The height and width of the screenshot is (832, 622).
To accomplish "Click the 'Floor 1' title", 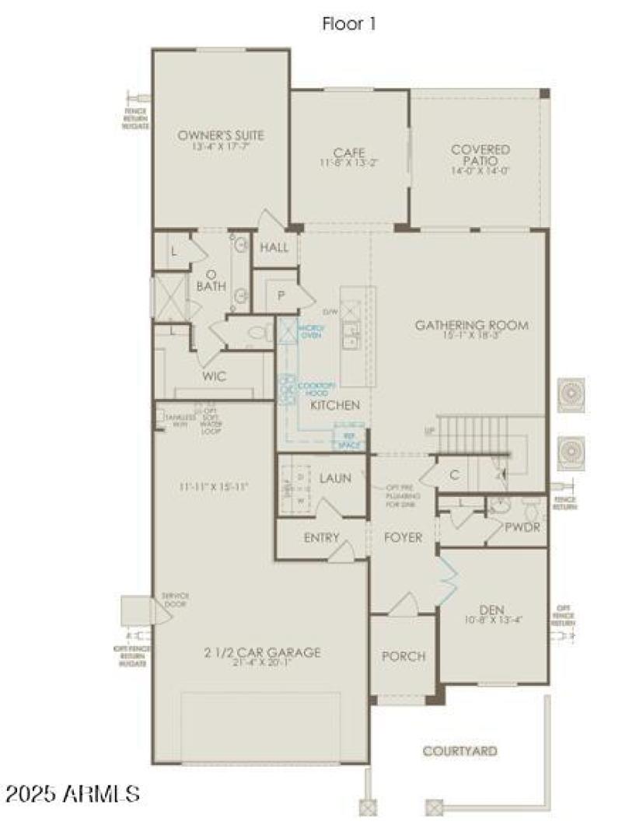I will coord(349,24).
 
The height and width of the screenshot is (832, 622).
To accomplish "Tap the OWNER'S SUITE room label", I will coord(221,135).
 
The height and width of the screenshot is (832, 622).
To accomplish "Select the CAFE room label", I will coord(349,152).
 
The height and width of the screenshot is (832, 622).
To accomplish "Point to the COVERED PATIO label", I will coord(480,149).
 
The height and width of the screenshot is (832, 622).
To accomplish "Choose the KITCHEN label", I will coord(335,405).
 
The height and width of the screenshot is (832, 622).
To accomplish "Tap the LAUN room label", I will coord(335,478).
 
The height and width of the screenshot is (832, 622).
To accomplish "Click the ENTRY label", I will coord(322,537).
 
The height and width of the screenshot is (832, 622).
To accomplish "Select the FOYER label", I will coord(404,537).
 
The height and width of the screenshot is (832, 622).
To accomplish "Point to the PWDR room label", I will coord(522,528).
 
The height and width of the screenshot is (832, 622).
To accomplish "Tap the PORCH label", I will coord(403,656).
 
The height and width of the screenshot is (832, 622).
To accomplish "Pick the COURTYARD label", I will coord(460,751).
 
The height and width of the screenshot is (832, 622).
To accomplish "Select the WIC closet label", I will coord(215,376).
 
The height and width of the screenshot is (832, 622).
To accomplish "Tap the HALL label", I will coord(274,248).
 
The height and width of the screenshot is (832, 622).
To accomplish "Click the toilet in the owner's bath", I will coord(257,334).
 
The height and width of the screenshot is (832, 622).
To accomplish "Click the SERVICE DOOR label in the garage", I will coord(175,599).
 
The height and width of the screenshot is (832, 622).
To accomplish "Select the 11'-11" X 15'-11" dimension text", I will coord(212,488).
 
